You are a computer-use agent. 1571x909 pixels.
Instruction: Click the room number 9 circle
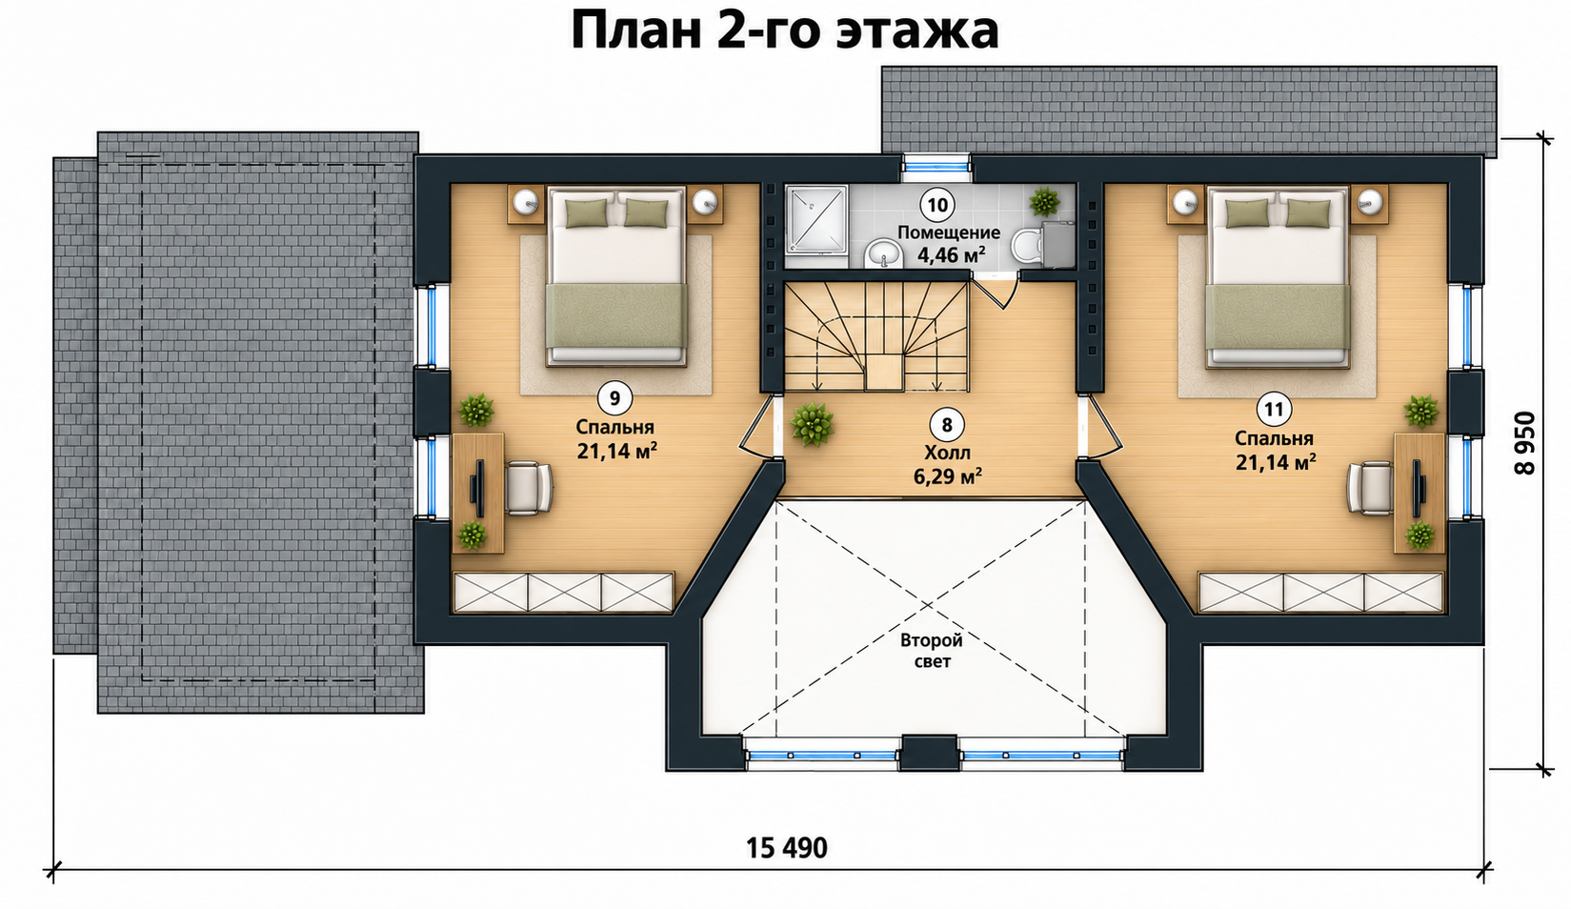click(614, 398)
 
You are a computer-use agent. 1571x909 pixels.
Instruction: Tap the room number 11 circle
click(1274, 409)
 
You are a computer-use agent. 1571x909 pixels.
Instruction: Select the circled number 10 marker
click(937, 205)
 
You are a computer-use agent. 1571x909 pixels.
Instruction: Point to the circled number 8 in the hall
click(947, 425)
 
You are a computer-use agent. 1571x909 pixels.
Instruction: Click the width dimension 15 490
click(786, 848)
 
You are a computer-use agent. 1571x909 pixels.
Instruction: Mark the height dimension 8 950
click(1524, 443)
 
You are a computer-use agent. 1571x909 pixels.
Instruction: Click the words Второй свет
click(932, 650)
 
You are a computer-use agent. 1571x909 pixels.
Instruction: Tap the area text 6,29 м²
click(947, 476)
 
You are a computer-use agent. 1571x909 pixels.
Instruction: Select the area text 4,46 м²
click(951, 254)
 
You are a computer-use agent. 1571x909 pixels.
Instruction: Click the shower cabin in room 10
click(816, 227)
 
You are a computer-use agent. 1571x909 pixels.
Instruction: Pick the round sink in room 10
click(884, 252)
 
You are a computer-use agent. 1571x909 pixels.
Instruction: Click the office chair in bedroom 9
click(528, 488)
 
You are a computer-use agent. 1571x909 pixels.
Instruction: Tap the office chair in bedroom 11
click(1370, 488)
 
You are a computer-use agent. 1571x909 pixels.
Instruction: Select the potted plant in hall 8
click(812, 424)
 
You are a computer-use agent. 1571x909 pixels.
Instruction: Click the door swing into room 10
click(995, 291)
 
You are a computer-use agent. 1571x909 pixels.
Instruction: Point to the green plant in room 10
click(1044, 201)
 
